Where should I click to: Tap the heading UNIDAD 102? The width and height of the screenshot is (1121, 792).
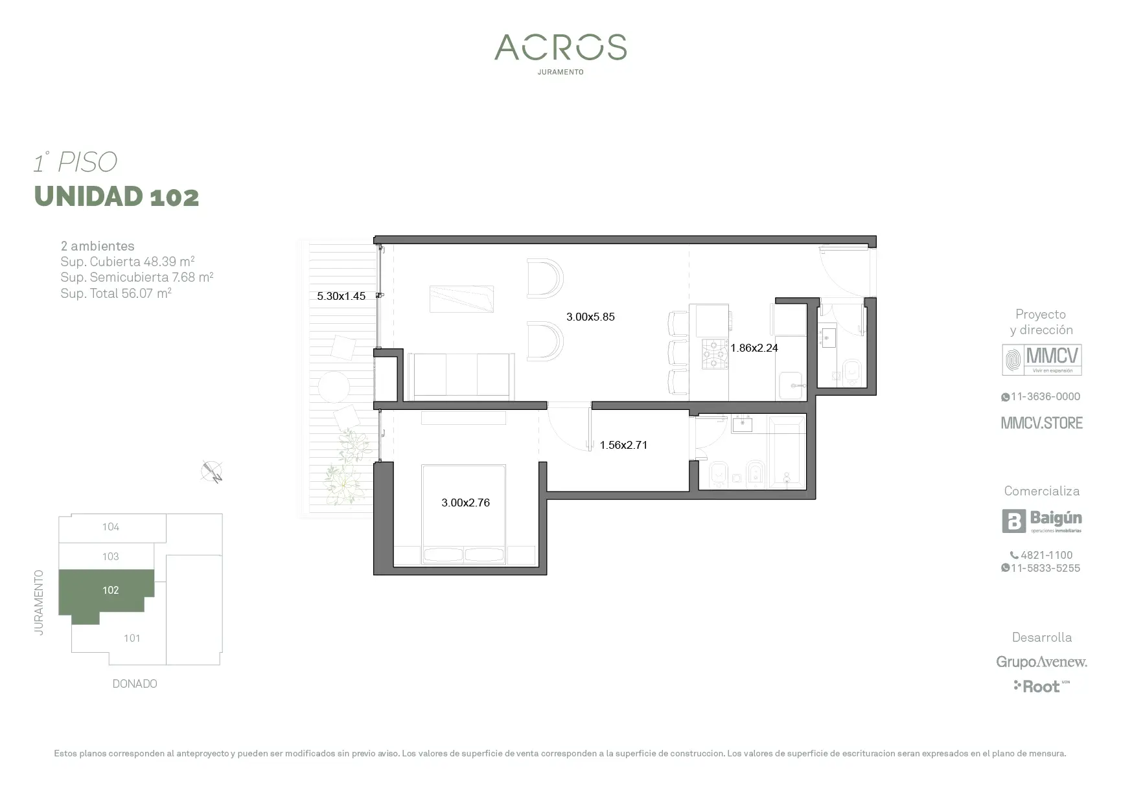point(117,196)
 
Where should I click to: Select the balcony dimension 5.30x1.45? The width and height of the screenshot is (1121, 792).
point(341,296)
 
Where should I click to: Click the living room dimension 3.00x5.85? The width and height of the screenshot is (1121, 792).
point(590,317)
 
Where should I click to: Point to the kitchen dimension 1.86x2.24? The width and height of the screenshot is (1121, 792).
point(754,348)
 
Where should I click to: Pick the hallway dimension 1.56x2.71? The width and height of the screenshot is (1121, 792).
point(623,445)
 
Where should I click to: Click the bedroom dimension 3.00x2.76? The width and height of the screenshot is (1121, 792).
point(465,503)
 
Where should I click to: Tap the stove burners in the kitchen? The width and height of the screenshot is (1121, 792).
point(715,354)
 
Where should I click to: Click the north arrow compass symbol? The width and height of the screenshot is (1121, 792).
point(213,471)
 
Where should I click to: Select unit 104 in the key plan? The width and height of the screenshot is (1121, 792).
point(111,527)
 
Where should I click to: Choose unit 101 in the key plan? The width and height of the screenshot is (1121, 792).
point(132,639)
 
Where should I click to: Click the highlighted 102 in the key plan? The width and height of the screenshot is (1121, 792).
point(111,591)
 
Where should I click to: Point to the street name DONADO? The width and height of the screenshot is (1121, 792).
point(135,684)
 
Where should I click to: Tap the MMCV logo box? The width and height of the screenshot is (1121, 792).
point(1042,360)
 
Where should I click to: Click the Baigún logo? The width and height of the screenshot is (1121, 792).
point(1042,521)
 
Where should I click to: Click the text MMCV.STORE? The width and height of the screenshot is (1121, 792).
point(1042,423)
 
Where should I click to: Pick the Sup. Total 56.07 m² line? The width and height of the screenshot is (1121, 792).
point(116,293)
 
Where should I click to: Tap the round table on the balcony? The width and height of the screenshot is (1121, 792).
point(334,387)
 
